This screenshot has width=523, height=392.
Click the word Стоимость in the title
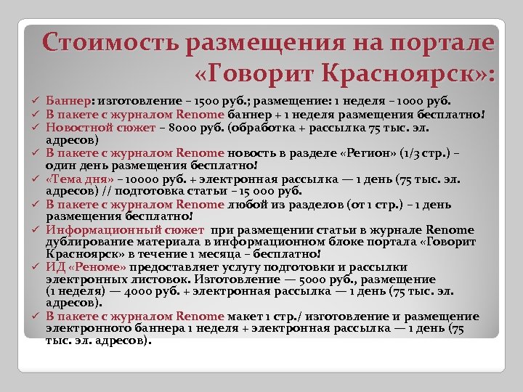point(109,43)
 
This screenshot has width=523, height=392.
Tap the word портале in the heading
point(439,43)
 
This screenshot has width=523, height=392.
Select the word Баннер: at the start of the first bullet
point(68,101)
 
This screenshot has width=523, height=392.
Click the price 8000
point(185,127)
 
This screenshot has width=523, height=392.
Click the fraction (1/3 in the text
point(415,153)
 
